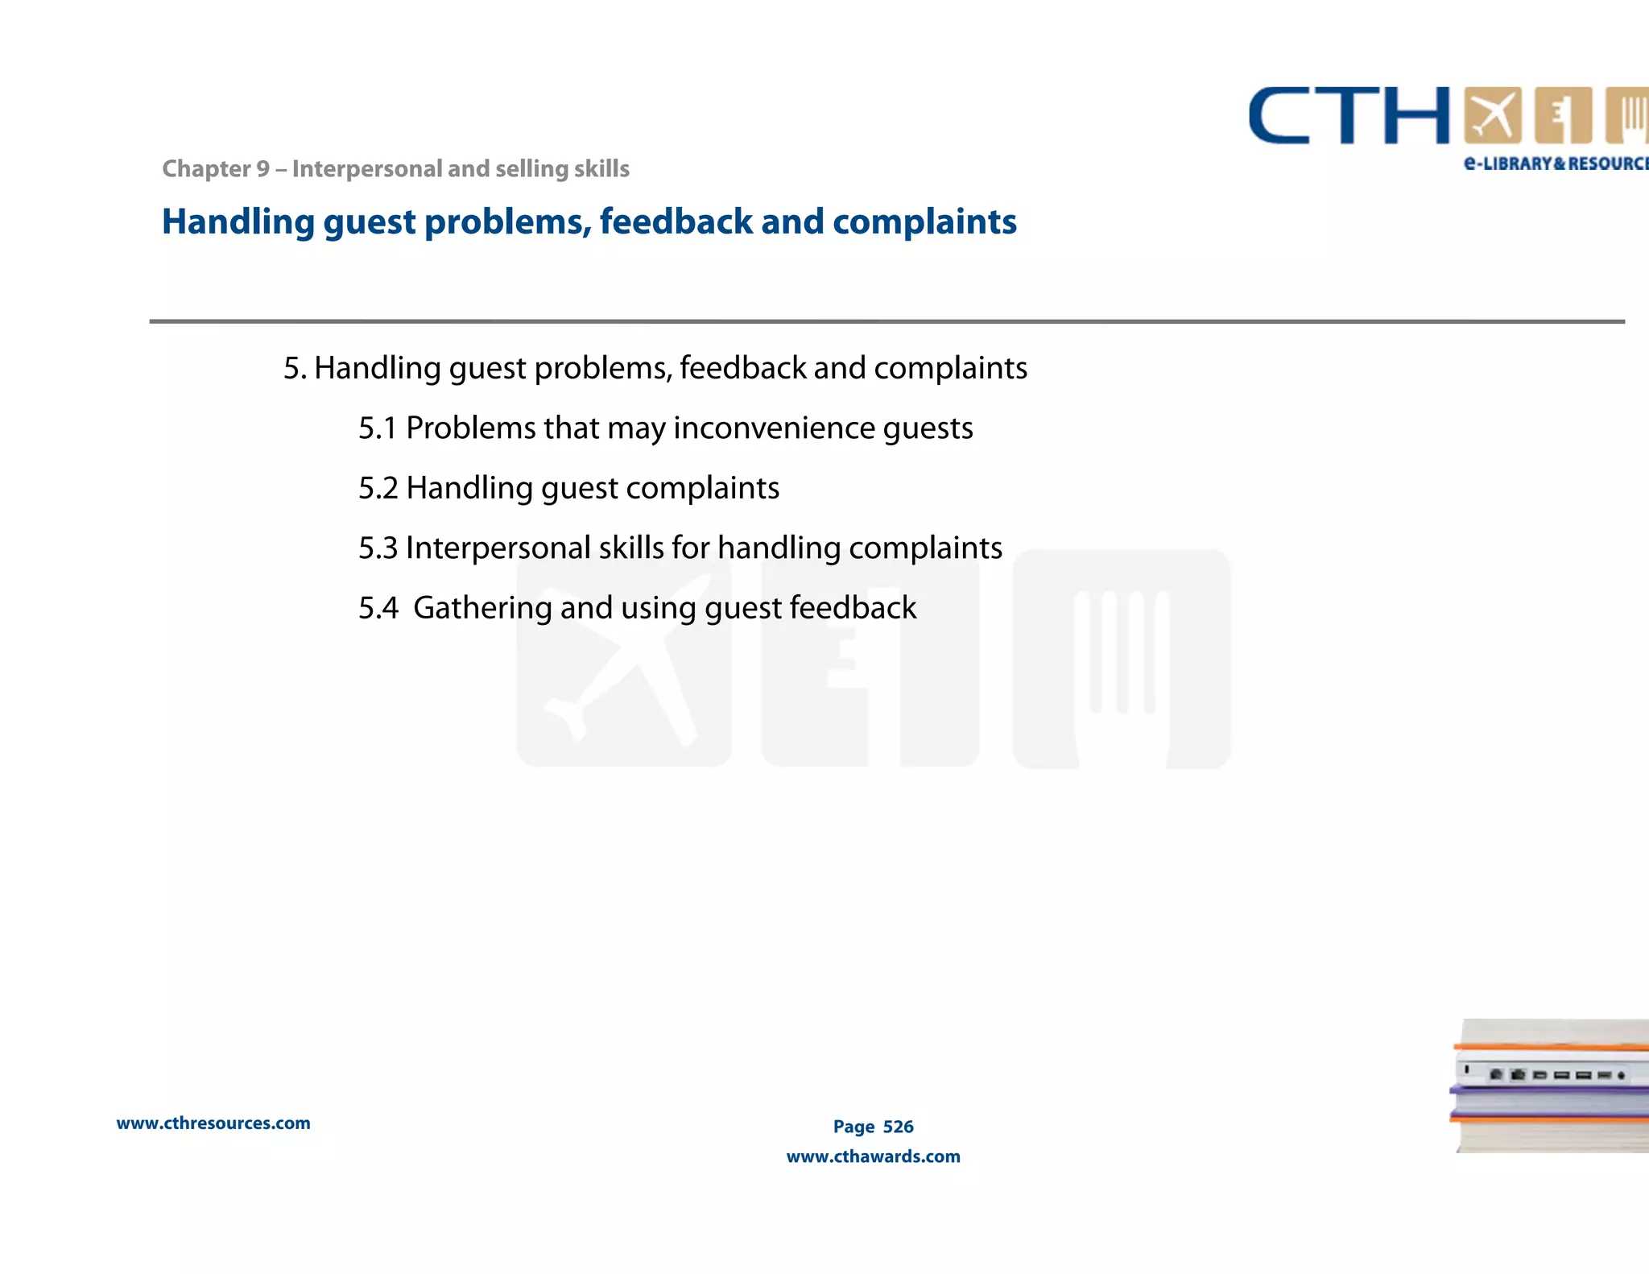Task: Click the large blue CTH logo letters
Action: pyautogui.click(x=1349, y=116)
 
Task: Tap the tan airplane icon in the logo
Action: pyautogui.click(x=1492, y=116)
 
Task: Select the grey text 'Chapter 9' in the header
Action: pyautogui.click(x=216, y=169)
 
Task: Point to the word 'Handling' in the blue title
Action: pyautogui.click(x=238, y=222)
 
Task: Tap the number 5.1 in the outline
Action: pyautogui.click(x=378, y=428)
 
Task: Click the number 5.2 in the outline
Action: pyautogui.click(x=378, y=488)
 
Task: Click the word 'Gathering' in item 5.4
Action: pyautogui.click(x=482, y=608)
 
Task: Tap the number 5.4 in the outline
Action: pyautogui.click(x=378, y=608)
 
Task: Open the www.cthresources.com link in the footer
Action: pyautogui.click(x=213, y=1123)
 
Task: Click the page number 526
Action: pyautogui.click(x=898, y=1127)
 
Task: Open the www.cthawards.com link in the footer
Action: pyautogui.click(x=873, y=1156)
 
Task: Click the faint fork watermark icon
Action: pyautogui.click(x=1121, y=660)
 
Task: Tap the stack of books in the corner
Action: pyautogui.click(x=1550, y=1086)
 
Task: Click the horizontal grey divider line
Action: pyautogui.click(x=886, y=321)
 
